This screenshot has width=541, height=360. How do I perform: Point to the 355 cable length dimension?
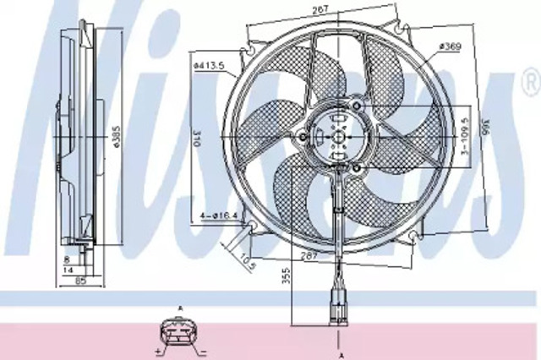pos(286,275)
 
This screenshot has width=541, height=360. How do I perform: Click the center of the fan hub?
pos(338,135)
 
